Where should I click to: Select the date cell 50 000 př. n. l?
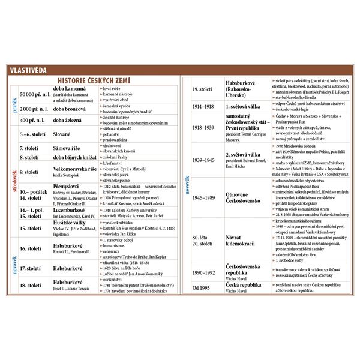click(x=35, y=95)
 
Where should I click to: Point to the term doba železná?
click(x=71, y=119)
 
